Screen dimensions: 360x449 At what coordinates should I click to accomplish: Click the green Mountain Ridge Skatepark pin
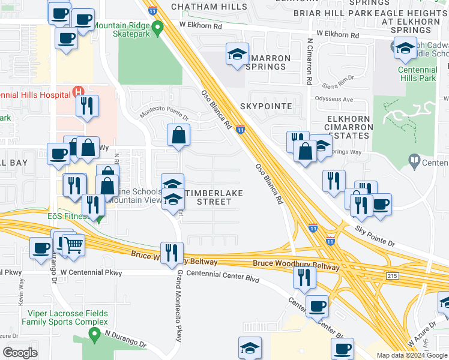[158, 27]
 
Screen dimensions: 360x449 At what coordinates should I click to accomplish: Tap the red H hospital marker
[77, 92]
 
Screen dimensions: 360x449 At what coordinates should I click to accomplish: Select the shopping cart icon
[73, 244]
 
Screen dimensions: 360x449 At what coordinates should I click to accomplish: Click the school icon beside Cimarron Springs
[237, 55]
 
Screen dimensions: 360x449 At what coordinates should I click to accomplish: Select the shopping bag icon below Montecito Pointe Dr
[179, 136]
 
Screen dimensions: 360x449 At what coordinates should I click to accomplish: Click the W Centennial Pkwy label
[91, 273]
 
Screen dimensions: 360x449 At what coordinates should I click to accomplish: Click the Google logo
[20, 352]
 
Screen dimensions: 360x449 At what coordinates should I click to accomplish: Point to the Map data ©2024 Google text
[411, 355]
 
